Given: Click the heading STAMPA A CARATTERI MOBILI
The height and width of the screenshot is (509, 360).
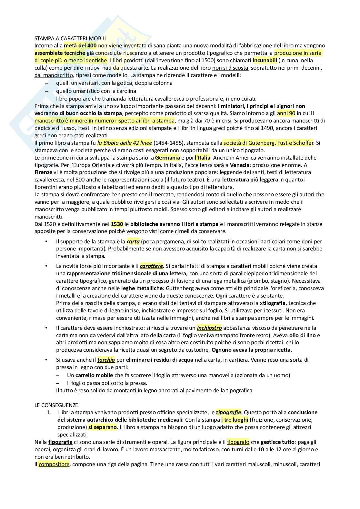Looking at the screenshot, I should tap(70, 38).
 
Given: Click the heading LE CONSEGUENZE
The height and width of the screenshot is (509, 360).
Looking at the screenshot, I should tap(56, 405).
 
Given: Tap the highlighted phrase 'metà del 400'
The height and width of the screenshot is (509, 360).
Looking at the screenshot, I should tap(80, 45).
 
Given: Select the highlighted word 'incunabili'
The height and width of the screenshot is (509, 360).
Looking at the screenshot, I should tap(265, 60).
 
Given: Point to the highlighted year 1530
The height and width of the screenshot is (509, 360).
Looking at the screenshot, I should tap(117, 224).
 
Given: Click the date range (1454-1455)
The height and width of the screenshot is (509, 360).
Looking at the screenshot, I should tap(171, 143).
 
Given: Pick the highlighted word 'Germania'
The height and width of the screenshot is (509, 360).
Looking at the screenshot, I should tap(167, 158).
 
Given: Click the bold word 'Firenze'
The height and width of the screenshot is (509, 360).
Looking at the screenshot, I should tap(43, 172).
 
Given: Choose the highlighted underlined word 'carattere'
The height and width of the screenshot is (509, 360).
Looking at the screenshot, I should tap(151, 266).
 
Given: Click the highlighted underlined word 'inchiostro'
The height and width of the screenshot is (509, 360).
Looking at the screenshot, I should tap(209, 328).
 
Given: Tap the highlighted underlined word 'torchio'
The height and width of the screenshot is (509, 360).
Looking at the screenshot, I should tap(106, 360).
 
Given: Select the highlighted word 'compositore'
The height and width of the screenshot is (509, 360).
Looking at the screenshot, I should tap(54, 465).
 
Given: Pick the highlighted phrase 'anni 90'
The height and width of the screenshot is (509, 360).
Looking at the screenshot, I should tap(286, 113).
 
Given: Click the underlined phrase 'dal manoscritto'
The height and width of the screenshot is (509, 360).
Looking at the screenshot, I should tap(54, 75).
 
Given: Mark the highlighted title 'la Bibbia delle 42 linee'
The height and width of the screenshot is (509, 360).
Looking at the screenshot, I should tap(125, 143).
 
